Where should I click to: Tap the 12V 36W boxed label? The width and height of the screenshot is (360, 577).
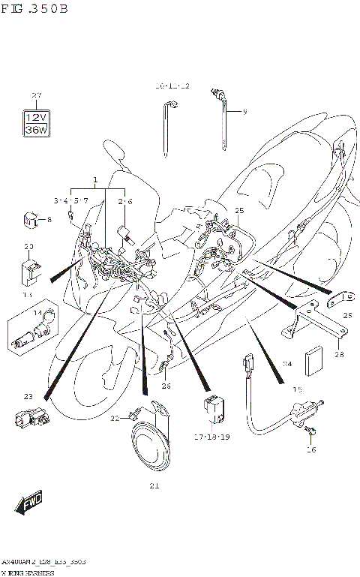[x=35, y=123]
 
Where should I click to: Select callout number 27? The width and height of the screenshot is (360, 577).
[x=34, y=95]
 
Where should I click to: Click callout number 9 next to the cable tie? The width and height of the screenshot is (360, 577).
[x=244, y=112]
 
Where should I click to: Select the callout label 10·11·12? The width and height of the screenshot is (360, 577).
[x=172, y=87]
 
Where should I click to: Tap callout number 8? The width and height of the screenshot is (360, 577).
[x=49, y=220]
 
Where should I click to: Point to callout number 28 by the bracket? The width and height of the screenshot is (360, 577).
[x=339, y=354]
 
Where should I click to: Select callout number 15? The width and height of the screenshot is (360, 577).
[x=297, y=389]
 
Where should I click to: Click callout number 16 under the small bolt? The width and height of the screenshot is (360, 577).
[x=311, y=449]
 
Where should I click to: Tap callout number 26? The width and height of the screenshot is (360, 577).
[x=166, y=386]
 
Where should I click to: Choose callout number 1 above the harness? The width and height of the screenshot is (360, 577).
[x=95, y=180]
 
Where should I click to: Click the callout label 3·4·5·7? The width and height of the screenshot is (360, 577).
[x=71, y=201]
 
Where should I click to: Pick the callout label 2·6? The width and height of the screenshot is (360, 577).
[x=124, y=201]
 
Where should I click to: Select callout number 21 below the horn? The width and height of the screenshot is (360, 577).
[x=154, y=485]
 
